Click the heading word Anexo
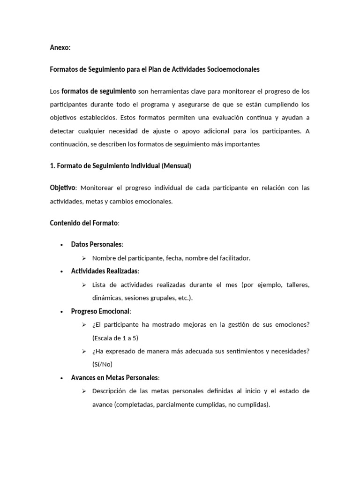[60, 48]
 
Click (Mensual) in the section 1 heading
[174, 166]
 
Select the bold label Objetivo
[63, 188]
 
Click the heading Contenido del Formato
[84, 223]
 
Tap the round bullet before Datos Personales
[61, 245]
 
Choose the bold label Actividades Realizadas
[105, 271]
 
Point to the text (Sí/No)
[103, 364]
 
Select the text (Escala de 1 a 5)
[115, 338]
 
